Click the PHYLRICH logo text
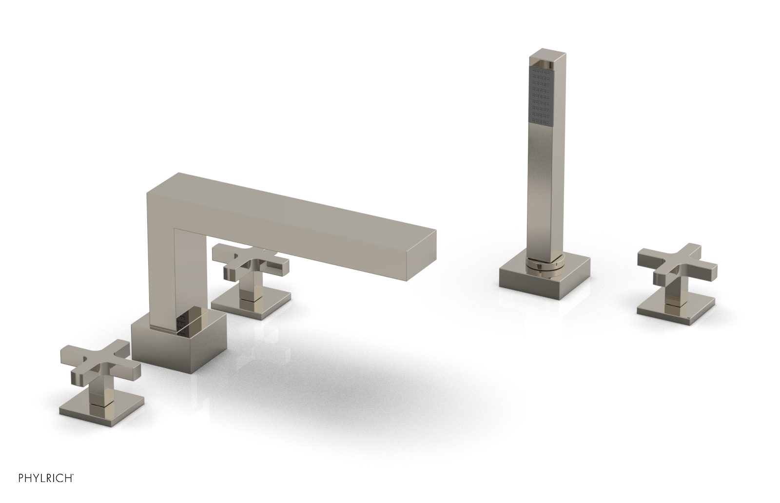37,488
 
